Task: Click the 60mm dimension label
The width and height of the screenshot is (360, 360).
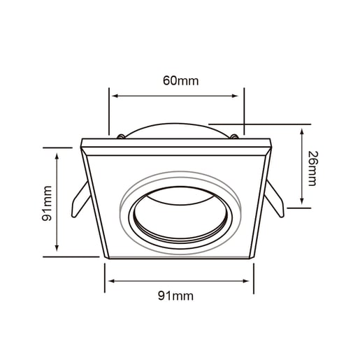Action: coord(180,80)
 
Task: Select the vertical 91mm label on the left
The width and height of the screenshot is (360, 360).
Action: coord(46,203)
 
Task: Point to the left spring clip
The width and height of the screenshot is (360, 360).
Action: coord(80,199)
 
